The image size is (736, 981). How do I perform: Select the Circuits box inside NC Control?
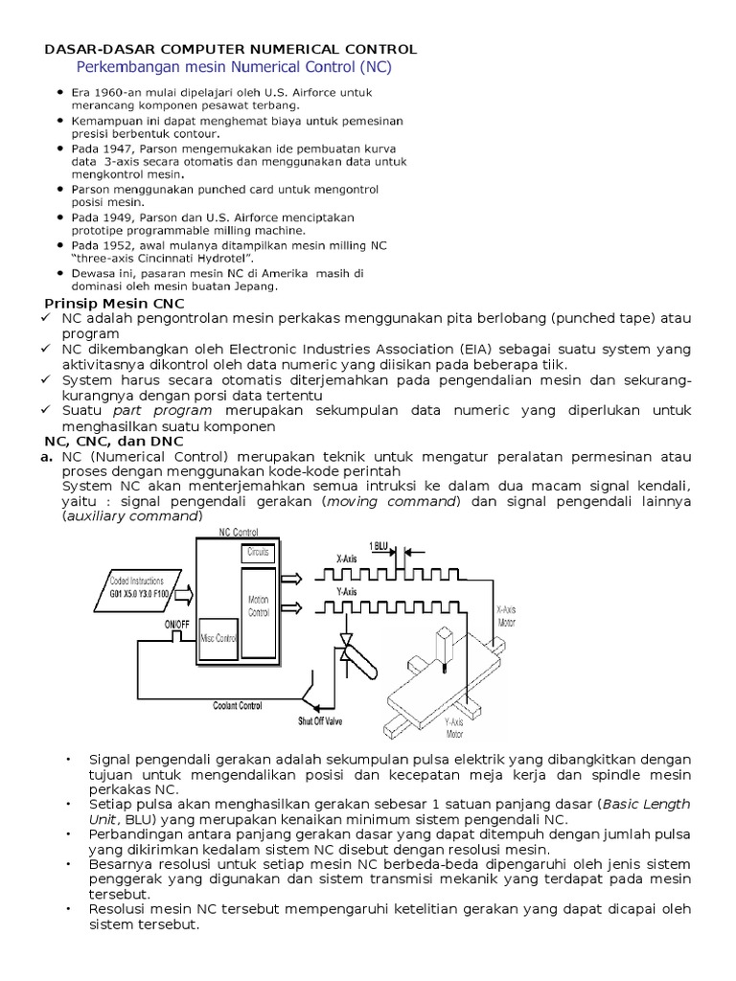click(258, 554)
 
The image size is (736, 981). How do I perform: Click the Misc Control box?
click(218, 638)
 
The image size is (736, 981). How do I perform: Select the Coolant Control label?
click(238, 706)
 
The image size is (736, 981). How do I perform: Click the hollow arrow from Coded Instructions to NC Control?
click(183, 594)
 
